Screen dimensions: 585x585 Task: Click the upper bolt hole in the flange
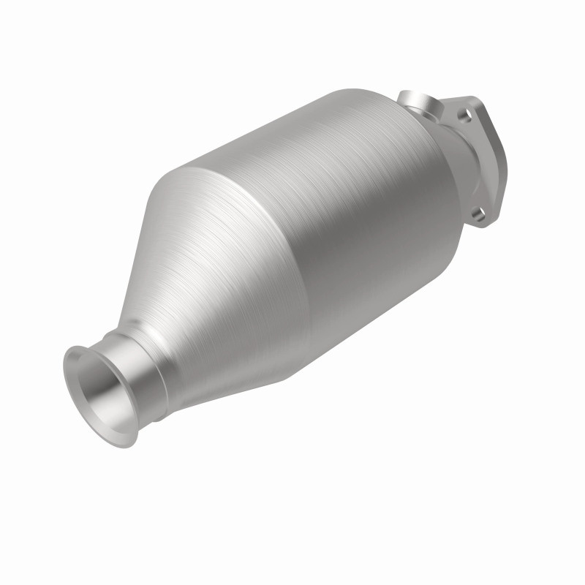(x=463, y=114)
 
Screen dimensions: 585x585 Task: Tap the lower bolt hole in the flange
(x=478, y=214)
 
